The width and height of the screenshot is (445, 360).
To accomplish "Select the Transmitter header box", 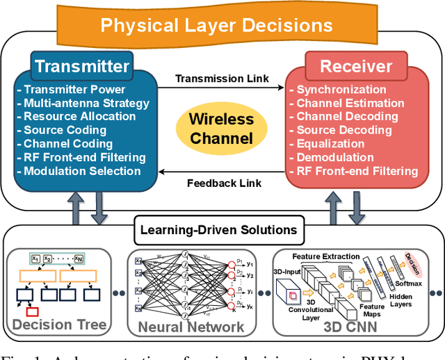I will point(82,67).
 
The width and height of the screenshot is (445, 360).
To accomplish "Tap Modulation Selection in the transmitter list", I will point(80,171).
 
